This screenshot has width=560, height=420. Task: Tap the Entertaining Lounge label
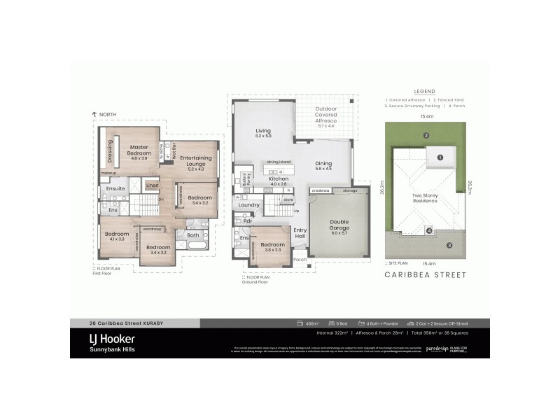[196, 162]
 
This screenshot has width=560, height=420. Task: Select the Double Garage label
[339, 225]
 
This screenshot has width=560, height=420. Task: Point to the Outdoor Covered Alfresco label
[326, 115]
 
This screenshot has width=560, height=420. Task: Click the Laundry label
[249, 205]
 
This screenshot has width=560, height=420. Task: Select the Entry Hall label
[300, 233]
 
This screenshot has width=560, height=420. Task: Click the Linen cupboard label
[153, 185]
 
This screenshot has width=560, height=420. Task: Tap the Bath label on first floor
[192, 235]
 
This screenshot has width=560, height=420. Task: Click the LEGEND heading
[424, 92]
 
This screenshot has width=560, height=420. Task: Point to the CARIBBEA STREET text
[426, 275]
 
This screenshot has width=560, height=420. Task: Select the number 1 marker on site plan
[440, 157]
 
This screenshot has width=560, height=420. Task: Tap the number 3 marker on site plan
[449, 245]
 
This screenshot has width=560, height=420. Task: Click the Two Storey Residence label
[424, 198]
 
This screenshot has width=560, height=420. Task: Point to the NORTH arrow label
[105, 113]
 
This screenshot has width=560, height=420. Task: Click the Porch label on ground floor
[300, 260]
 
